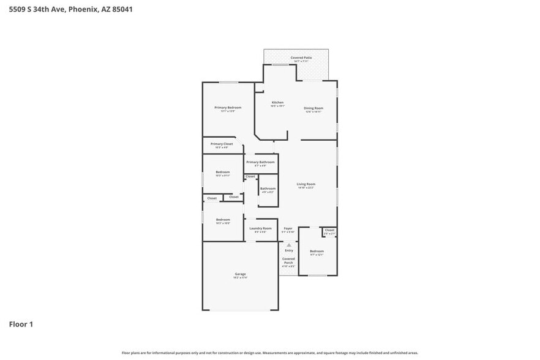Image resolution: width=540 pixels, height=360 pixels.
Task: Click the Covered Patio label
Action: pyautogui.click(x=301, y=58)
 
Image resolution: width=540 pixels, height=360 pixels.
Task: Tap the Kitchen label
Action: pyautogui.click(x=277, y=102)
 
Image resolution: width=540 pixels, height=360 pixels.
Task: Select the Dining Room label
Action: pyautogui.click(x=313, y=108)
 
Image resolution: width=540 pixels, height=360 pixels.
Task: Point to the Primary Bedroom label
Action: pyautogui.click(x=224, y=108)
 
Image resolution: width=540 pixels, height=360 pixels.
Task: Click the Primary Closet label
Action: pyautogui.click(x=222, y=144)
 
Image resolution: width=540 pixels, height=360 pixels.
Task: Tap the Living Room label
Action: pyautogui.click(x=306, y=184)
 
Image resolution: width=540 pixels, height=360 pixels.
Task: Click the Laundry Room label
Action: pyautogui.click(x=260, y=228)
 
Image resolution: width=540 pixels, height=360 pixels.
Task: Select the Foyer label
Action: pyautogui.click(x=288, y=228)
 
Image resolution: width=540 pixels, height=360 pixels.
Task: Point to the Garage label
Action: pyautogui.click(x=240, y=274)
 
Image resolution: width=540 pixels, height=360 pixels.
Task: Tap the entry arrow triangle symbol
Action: pyautogui.click(x=289, y=245)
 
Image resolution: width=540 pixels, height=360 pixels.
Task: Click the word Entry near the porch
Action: pyautogui.click(x=289, y=250)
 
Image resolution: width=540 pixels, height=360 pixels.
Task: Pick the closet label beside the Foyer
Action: pyautogui.click(x=329, y=230)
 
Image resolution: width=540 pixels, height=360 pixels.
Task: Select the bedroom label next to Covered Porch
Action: pyautogui.click(x=317, y=251)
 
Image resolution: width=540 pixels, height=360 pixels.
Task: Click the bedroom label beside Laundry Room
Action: pyautogui.click(x=223, y=220)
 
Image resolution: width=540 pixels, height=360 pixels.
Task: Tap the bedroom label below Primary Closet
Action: pyautogui.click(x=223, y=172)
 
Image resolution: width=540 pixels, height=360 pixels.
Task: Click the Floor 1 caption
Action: pyautogui.click(x=21, y=324)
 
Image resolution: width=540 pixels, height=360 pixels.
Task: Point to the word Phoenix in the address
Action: pyautogui.click(x=83, y=9)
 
